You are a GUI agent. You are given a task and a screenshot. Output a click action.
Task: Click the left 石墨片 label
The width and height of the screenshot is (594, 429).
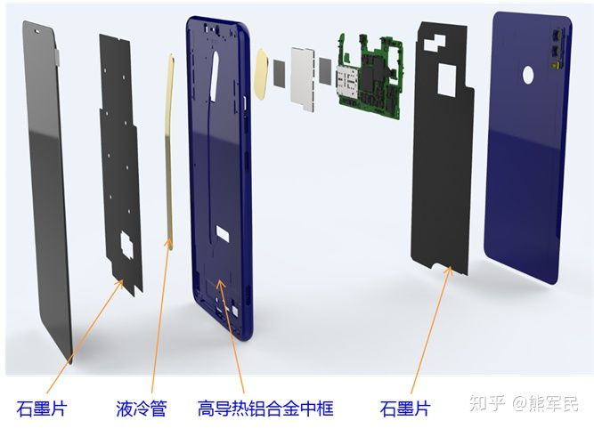click(42, 409)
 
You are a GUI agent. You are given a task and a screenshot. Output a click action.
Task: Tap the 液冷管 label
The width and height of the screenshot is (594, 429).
click(142, 409)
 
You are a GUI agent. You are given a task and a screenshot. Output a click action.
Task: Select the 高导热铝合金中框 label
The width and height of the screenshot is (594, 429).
click(265, 409)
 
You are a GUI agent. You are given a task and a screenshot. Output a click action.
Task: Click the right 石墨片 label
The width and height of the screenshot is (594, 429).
click(405, 409)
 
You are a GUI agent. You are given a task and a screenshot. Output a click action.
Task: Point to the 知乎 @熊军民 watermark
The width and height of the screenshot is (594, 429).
click(524, 403)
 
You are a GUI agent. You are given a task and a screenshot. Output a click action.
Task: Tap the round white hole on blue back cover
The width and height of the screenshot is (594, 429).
click(528, 74)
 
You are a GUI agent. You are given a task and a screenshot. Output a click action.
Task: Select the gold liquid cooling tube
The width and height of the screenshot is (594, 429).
click(169, 151)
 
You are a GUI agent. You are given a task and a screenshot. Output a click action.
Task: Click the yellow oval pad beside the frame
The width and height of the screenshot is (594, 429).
click(263, 74)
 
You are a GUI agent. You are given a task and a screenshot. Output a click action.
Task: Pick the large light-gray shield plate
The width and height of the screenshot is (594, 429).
click(303, 79)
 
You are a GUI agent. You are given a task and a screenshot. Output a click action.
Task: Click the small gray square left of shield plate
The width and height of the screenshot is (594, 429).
click(279, 74)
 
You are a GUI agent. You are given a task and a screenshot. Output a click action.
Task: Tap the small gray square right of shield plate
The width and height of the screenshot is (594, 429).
click(325, 70)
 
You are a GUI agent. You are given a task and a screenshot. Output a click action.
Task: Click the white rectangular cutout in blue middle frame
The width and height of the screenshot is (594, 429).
click(223, 233)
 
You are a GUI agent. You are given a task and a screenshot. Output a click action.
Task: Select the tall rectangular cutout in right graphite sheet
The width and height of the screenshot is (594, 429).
click(447, 79)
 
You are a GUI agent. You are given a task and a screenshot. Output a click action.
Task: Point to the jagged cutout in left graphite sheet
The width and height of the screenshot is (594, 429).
click(126, 246)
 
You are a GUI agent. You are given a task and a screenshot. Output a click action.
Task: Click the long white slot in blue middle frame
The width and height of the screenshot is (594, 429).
click(215, 76)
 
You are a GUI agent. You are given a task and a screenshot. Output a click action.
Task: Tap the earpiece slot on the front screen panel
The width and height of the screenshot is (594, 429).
click(38, 31)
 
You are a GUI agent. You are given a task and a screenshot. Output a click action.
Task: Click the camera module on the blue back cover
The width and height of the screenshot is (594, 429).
click(557, 49)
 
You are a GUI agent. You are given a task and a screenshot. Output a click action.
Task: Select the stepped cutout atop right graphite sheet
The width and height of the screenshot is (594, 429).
click(435, 43)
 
